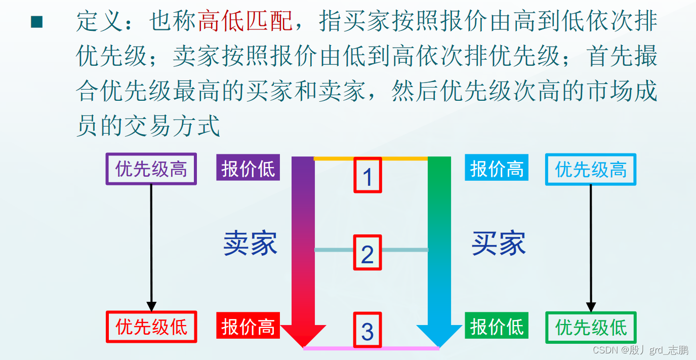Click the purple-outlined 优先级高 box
(x=151, y=169)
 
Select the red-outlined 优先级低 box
(x=151, y=327)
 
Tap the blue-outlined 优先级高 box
(x=590, y=169)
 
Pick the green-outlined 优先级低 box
(x=590, y=327)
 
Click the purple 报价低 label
(x=248, y=168)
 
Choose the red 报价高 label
(x=248, y=326)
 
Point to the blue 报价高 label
(x=497, y=168)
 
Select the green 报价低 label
(x=497, y=326)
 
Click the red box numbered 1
(x=367, y=176)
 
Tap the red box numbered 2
(x=367, y=253)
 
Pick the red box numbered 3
(x=367, y=330)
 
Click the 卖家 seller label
(x=250, y=244)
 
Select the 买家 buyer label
(x=499, y=244)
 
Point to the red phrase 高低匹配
(x=245, y=21)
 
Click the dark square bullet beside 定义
(x=37, y=22)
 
